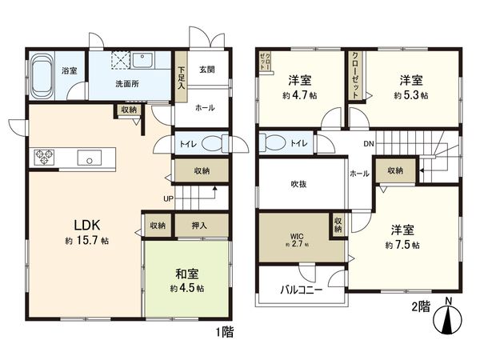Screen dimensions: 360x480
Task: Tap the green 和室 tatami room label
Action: [190, 273]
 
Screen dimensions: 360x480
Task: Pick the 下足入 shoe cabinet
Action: [182, 82]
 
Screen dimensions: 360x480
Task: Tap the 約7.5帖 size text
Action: [403, 244]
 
